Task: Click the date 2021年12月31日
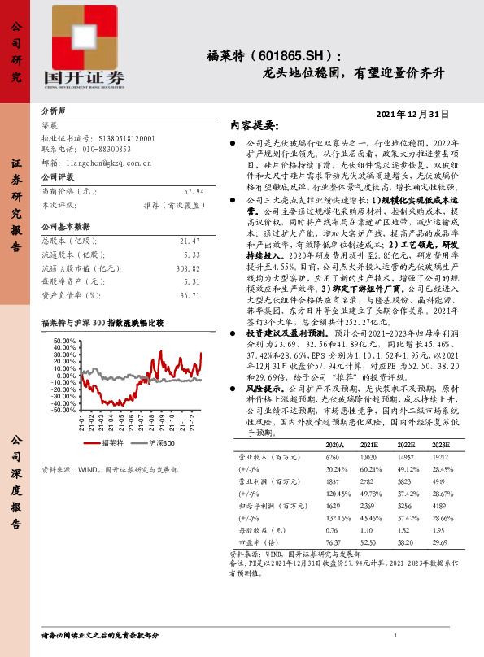pyautogui.click(x=413, y=115)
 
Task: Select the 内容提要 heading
pyautogui.click(x=255, y=126)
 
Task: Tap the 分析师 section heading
pyautogui.click(x=54, y=109)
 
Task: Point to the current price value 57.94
pyautogui.click(x=189, y=190)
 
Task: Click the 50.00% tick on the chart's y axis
pyautogui.click(x=62, y=340)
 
